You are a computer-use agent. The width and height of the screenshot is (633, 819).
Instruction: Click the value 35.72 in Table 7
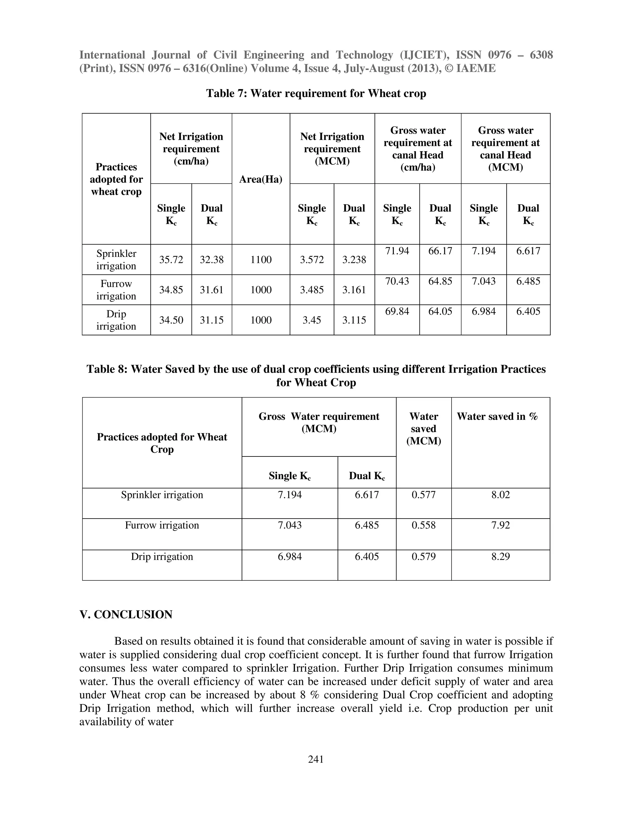click(171, 260)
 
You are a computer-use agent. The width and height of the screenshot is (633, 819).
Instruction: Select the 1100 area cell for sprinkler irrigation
click(261, 260)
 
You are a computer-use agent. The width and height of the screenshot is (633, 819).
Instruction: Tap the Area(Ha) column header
click(261, 179)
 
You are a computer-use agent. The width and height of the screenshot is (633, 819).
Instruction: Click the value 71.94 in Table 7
click(397, 251)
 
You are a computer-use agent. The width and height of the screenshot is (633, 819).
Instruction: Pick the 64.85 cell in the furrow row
click(440, 281)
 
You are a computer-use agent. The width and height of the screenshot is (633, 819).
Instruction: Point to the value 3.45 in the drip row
click(312, 320)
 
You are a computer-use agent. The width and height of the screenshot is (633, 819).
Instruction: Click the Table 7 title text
click(316, 93)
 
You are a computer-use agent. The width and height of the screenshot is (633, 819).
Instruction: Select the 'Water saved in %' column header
click(497, 416)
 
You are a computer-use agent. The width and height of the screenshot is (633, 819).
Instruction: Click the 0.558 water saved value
click(424, 525)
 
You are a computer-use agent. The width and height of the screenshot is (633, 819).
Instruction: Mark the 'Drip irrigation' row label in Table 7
click(116, 320)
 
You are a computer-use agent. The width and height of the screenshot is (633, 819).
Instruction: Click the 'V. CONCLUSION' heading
click(126, 614)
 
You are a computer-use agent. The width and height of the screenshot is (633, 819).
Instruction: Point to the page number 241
click(316, 759)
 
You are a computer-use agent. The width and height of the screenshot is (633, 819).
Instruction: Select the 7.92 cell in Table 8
click(501, 525)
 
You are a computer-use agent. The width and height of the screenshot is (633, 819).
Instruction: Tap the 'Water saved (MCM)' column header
click(424, 428)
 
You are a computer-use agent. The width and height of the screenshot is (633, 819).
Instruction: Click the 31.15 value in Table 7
click(211, 320)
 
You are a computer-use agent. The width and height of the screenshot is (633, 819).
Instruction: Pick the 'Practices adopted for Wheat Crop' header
click(162, 443)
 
